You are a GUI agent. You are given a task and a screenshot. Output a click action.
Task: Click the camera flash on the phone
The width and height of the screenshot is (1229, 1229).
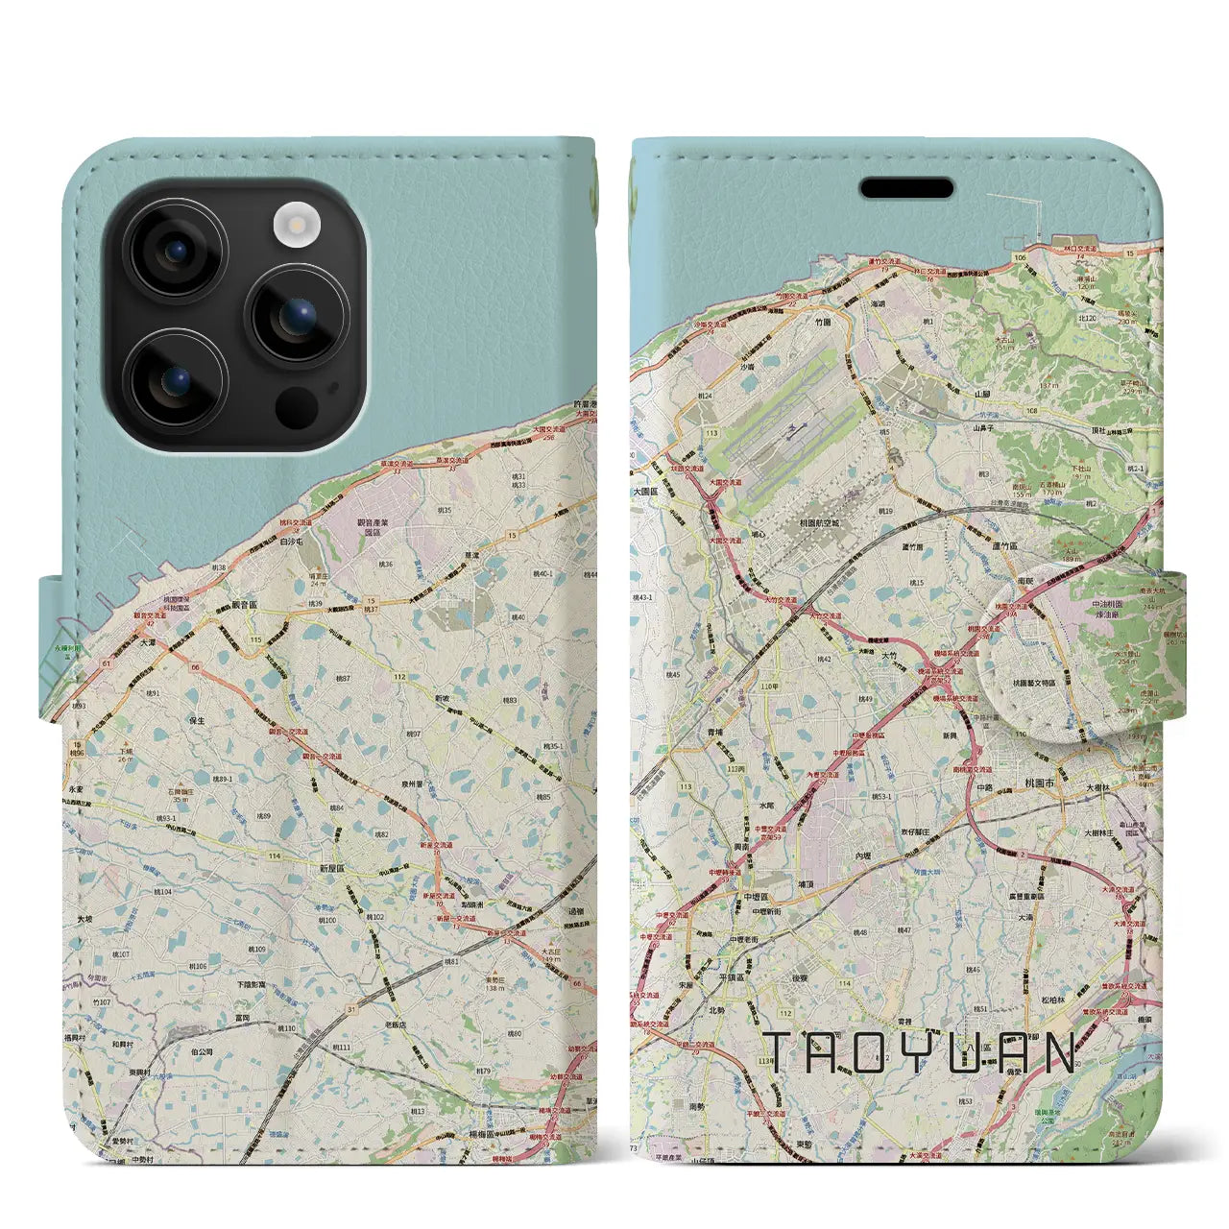(x=296, y=226)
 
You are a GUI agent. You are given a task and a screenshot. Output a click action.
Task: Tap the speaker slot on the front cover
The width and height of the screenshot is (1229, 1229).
(x=906, y=188)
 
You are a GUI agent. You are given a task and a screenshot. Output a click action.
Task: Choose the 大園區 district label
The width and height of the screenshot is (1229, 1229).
(x=645, y=491)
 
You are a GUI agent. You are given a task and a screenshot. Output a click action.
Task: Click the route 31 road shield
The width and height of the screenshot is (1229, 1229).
(x=351, y=1008)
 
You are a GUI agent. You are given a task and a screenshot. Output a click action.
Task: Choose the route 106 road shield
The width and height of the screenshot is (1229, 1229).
(x=1020, y=257)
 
